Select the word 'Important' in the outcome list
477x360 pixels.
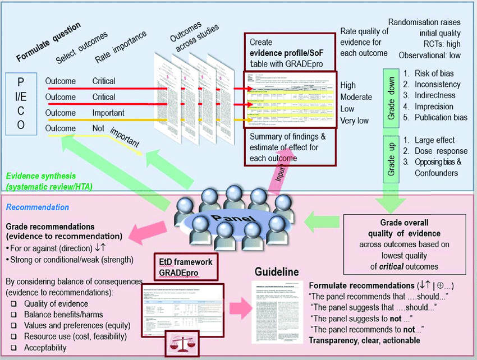tap(108, 113)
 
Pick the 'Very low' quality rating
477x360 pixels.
tap(354, 121)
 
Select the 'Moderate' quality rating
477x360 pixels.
tap(356, 97)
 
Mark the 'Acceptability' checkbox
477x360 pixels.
tap(13, 348)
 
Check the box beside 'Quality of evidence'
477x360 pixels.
tap(13, 303)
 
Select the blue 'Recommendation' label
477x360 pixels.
tap(37, 207)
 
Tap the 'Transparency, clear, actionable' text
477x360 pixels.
tap(364, 340)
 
